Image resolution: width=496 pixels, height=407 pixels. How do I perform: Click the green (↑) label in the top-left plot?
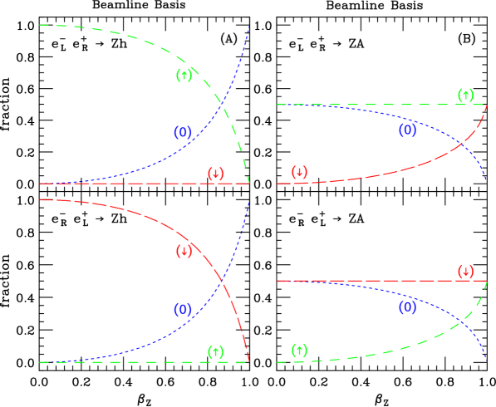coord(184,76)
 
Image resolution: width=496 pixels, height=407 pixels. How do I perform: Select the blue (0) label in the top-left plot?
coord(183,132)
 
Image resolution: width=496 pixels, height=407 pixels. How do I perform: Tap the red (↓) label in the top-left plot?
coord(216,174)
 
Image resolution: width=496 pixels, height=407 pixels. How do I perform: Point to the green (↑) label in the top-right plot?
coord(465,95)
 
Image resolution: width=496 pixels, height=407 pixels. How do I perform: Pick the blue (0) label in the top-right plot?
coord(407,130)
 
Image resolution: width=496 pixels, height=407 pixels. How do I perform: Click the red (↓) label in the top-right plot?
coord(299,173)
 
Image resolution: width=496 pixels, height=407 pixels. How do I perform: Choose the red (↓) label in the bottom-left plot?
coord(184,251)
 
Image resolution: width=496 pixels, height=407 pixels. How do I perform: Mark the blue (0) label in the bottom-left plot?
coord(183,310)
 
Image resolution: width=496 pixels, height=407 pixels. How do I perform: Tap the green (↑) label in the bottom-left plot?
coord(216,352)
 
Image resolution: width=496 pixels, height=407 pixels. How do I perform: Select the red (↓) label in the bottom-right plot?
coord(465,272)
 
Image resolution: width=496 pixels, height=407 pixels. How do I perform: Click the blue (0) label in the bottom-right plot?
coord(407,308)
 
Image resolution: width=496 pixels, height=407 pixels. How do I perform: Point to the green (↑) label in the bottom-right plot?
coord(299,351)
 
